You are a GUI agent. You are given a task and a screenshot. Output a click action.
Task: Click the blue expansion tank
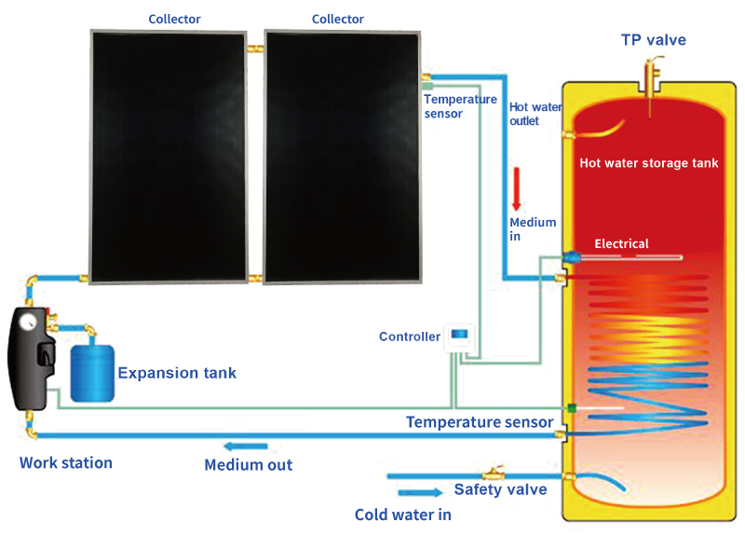click(91, 373)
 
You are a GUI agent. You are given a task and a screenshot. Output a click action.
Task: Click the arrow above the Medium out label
click(247, 447)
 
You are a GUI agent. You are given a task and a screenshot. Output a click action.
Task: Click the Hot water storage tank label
click(649, 163)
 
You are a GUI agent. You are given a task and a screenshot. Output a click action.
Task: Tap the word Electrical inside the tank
click(621, 244)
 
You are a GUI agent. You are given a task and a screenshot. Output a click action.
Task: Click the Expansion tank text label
click(177, 373)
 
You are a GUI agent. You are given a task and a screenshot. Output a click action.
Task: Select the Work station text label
click(65, 462)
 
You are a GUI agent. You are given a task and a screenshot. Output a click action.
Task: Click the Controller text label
click(409, 337)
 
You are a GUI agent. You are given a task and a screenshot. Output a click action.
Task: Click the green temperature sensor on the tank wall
click(570, 408)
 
